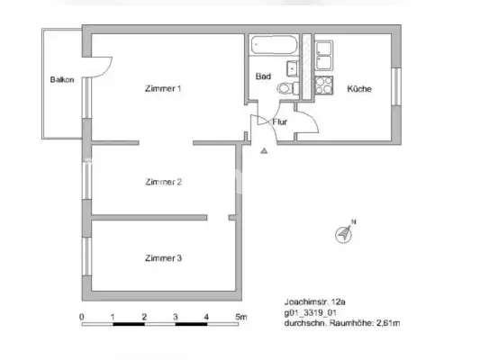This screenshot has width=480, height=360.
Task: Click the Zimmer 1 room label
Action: (x=163, y=88)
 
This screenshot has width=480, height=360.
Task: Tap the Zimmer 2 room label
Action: (x=163, y=182)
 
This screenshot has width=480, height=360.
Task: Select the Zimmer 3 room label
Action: (x=163, y=258)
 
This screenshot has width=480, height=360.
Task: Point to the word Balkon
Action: (x=62, y=80)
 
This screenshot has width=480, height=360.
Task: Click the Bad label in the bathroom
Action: (x=263, y=77)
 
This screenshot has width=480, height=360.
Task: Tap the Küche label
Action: (x=358, y=89)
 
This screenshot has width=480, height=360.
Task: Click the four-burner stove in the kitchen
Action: (x=323, y=87)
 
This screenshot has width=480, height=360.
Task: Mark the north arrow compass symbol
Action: (x=345, y=233)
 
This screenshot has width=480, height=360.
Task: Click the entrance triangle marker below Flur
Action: (x=263, y=151)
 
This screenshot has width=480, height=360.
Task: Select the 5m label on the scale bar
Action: (x=240, y=317)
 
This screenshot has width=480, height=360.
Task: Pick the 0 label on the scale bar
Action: (x=82, y=317)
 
